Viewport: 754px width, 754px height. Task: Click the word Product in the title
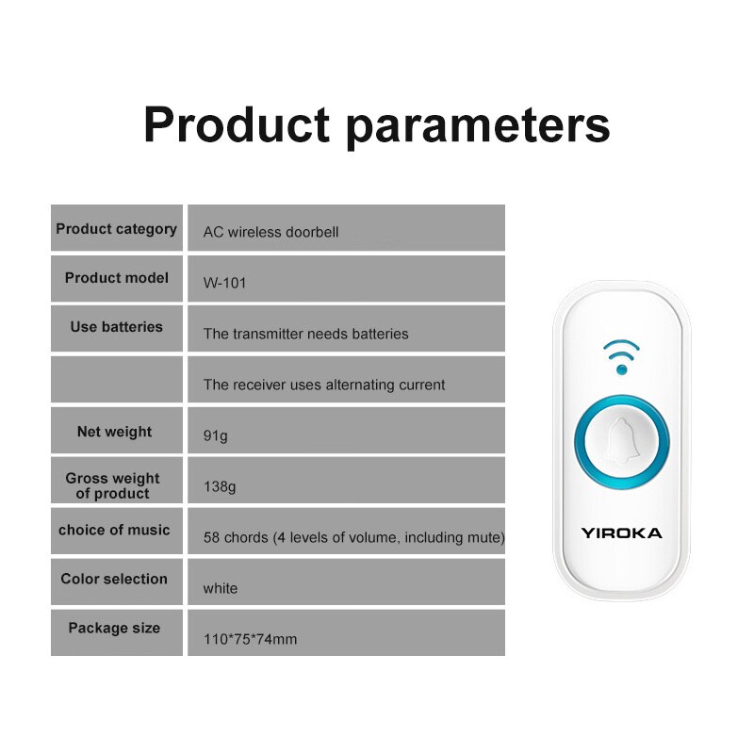click(237, 125)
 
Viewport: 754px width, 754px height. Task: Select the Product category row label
click(116, 229)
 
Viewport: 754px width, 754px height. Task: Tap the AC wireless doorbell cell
click(270, 232)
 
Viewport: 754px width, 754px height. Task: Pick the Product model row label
click(117, 278)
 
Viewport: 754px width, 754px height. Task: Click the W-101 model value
click(224, 283)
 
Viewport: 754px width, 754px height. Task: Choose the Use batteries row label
click(116, 327)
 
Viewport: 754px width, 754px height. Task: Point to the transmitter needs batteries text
click(305, 334)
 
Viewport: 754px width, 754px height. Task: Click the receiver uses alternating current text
click(324, 385)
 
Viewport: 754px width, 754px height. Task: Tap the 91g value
click(216, 435)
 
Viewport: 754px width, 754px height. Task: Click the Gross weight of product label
click(113, 485)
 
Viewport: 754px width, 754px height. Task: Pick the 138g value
click(220, 487)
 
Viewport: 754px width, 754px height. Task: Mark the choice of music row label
click(114, 531)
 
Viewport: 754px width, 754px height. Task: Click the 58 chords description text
click(353, 538)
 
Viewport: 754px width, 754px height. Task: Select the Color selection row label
click(114, 580)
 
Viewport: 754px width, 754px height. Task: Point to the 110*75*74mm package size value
click(250, 640)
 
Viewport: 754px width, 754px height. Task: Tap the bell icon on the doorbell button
click(621, 440)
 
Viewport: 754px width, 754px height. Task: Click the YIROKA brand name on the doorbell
click(621, 533)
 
